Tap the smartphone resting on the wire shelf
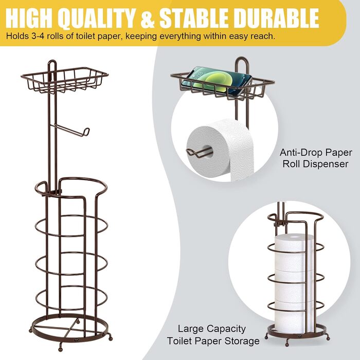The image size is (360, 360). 217,81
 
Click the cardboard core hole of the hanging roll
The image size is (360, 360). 208,152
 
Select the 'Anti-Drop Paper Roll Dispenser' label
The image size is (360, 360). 315,158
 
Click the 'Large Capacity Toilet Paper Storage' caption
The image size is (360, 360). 213,335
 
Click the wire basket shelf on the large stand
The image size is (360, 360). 64,80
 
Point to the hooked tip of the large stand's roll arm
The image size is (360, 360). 86,132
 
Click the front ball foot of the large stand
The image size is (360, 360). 60,349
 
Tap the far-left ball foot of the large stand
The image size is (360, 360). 31,330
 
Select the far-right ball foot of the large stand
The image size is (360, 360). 111,338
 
